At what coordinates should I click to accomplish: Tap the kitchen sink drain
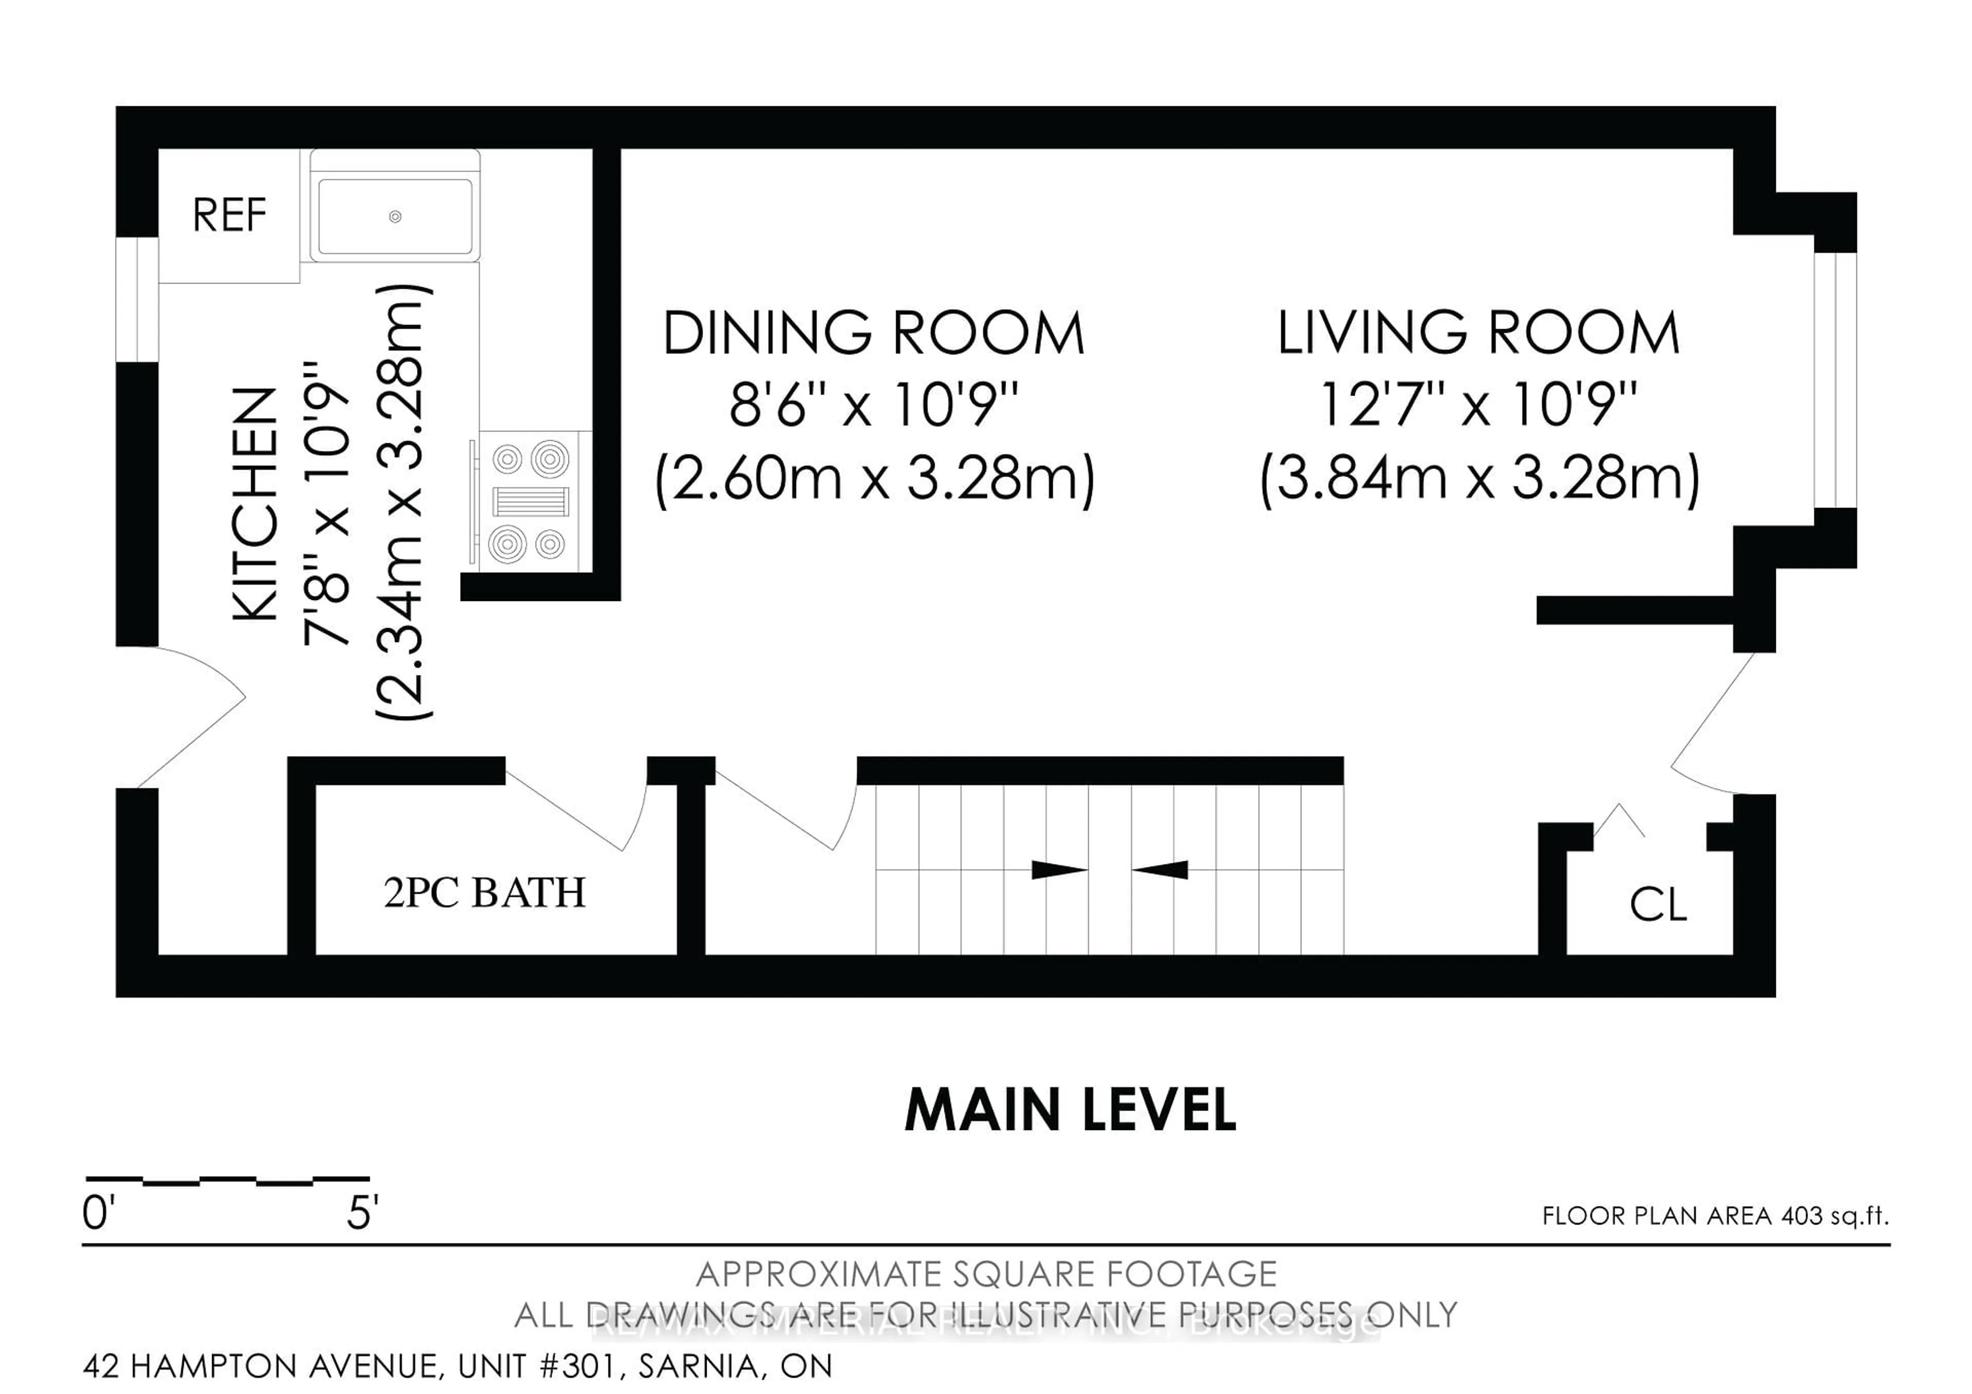point(395,216)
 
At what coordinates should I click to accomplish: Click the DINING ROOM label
point(874,333)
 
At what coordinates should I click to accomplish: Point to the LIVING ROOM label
point(1478,333)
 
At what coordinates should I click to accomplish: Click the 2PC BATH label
point(484,892)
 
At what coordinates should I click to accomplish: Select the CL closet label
point(1658,905)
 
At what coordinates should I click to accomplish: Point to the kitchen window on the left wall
point(137,299)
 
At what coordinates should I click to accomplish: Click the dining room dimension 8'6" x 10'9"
point(874,405)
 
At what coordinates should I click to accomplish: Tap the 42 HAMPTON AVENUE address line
point(457,1366)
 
